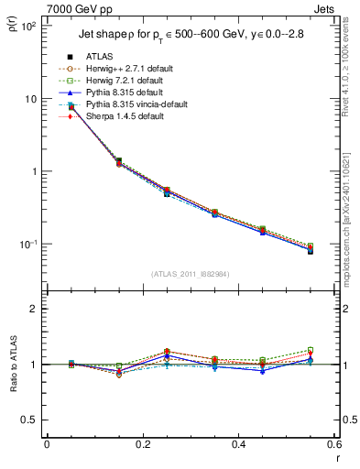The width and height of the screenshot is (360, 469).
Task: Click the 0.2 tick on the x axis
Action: tap(143, 444)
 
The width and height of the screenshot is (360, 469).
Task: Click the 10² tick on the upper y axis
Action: tap(28, 26)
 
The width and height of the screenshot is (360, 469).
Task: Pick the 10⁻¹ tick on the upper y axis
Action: tap(28, 244)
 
